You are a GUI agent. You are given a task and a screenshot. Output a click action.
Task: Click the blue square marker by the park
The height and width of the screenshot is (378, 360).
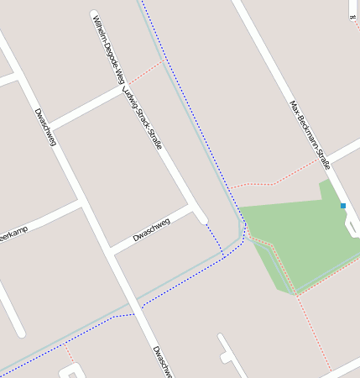coord(342,206)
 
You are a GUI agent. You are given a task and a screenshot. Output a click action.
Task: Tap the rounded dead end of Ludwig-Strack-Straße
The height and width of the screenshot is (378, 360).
coord(201,218)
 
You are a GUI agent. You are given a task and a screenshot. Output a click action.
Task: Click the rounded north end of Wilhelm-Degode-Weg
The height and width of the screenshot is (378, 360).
coord(93,13)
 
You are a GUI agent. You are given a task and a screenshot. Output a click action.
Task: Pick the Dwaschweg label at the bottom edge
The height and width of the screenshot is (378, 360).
coord(163,361)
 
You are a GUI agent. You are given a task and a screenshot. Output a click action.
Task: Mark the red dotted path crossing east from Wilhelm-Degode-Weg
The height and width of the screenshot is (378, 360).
coord(143,71)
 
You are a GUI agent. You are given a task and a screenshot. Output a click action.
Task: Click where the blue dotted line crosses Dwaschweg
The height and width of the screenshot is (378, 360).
coord(133,315)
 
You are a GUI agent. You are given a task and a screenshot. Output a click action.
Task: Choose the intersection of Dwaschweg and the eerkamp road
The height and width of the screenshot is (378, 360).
coord(81,203)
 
